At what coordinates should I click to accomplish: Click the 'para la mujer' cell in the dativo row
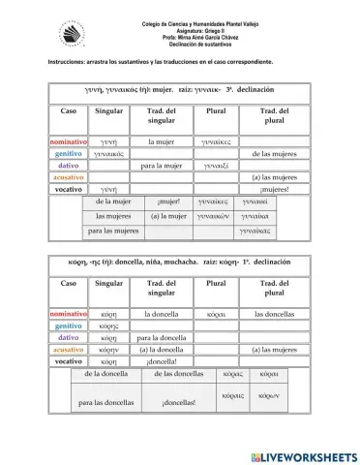click(x=162, y=166)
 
